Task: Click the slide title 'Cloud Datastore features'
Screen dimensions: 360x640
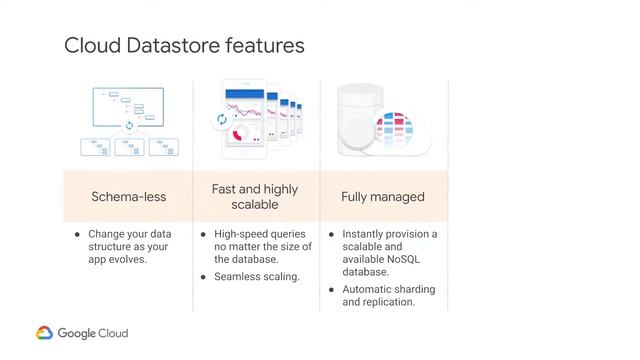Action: point(184,46)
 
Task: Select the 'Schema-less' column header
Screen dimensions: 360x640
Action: point(128,197)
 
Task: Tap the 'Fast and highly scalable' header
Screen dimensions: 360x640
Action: point(255,196)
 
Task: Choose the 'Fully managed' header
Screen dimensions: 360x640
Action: point(383,197)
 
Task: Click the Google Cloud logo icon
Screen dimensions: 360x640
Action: point(45,334)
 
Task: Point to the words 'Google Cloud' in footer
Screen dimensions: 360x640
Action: point(93,334)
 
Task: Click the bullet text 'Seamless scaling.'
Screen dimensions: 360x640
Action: point(257,276)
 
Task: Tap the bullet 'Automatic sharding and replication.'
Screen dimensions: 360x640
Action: point(389,295)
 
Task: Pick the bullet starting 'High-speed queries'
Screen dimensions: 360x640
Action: point(262,246)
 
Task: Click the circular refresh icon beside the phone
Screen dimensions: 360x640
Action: point(221,120)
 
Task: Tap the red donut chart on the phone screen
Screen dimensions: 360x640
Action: point(239,134)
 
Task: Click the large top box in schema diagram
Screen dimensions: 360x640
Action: point(127,104)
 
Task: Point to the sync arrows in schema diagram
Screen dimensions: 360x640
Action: point(128,127)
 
